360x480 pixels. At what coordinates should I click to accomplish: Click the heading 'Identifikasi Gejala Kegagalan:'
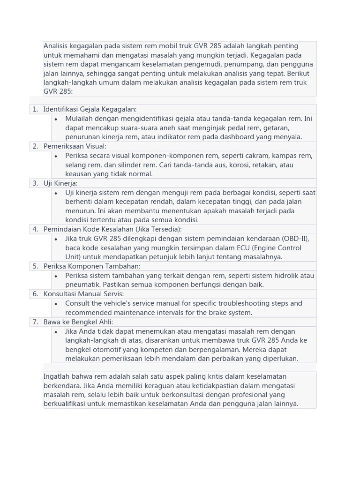pos(90,109)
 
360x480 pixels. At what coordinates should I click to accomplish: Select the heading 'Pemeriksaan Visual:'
pos(75,146)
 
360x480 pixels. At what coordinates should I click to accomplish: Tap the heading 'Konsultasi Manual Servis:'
pos(83,294)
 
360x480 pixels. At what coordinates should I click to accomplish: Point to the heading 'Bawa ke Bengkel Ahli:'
pos(78,322)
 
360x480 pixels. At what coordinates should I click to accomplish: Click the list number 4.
pos(35,229)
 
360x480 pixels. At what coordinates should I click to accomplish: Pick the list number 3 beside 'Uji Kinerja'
pos(35,183)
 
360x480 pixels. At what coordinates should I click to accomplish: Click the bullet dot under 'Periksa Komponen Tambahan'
pos(56,276)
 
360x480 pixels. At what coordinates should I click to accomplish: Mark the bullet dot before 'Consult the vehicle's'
pos(56,303)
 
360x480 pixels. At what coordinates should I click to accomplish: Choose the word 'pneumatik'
pos(82,285)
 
